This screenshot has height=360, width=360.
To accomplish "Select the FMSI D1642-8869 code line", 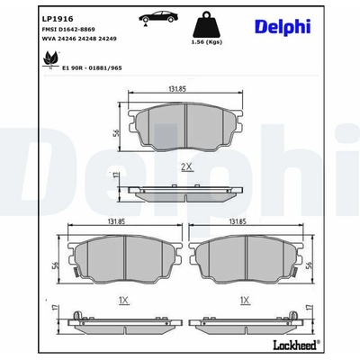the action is tap(68, 30).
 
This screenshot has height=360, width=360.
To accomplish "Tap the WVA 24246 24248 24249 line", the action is tap(79, 39).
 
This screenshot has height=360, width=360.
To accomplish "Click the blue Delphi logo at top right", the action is tap(283, 27).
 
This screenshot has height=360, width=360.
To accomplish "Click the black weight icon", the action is tap(206, 24).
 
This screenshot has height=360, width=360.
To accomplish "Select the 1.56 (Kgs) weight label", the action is tap(207, 42).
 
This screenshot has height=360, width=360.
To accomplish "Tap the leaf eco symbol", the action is tap(50, 60).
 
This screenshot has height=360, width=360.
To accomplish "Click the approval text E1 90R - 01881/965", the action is tap(92, 68).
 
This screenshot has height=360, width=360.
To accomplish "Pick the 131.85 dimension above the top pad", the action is tap(177, 89).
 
